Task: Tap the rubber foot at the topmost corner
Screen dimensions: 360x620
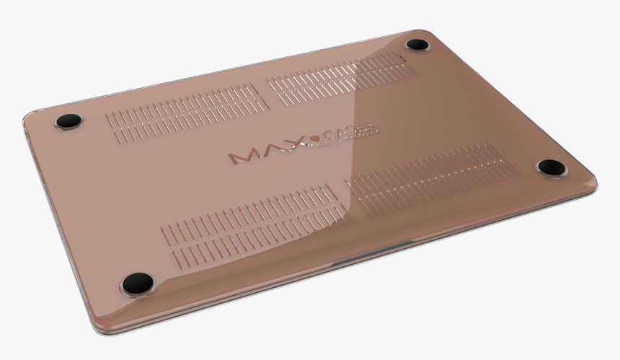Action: click(x=418, y=45)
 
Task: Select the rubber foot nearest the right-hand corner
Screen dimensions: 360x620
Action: click(x=552, y=168)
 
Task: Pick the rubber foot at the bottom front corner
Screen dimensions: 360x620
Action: click(x=137, y=284)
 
